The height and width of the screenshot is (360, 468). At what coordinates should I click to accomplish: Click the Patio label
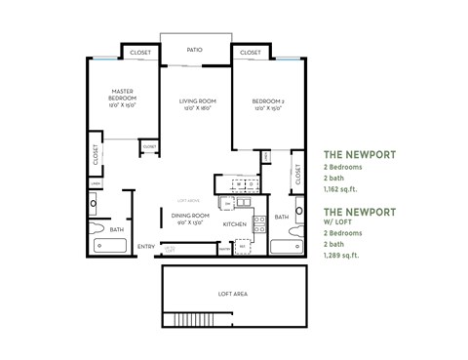[x=195, y=48]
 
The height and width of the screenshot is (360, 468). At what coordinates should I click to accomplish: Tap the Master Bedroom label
[x=122, y=99]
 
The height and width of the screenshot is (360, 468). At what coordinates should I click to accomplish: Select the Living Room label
[x=196, y=103]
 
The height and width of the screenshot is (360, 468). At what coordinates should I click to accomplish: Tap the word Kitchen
[x=234, y=225]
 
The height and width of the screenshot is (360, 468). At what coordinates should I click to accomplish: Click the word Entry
[x=146, y=246]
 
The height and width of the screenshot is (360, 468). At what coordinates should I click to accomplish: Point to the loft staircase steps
[x=182, y=321]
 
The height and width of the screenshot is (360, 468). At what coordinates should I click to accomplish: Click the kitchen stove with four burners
[x=259, y=225]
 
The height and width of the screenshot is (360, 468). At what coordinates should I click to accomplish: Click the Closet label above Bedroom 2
[x=250, y=53]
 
